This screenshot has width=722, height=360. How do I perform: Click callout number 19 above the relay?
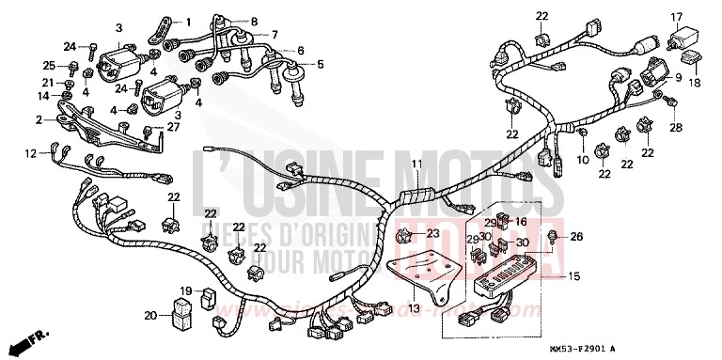(186, 290)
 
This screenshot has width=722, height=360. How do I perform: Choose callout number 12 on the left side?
(30, 152)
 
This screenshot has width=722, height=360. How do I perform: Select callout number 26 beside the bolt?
(576, 236)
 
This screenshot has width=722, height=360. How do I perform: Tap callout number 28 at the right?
(675, 126)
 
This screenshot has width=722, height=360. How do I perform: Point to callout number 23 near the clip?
(432, 233)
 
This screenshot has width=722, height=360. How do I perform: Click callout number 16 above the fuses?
(520, 222)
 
